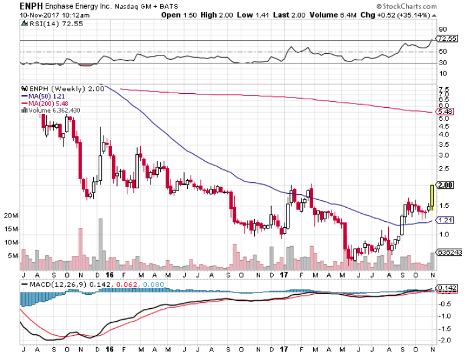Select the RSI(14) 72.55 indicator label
pos(43,24)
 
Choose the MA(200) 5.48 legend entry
pos(45,103)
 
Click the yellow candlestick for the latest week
pos(431,197)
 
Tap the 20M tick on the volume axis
pos(10,216)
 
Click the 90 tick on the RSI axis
pos(442,29)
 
